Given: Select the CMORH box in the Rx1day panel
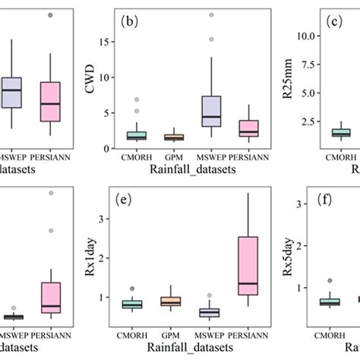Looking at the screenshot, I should (x=132, y=305).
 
